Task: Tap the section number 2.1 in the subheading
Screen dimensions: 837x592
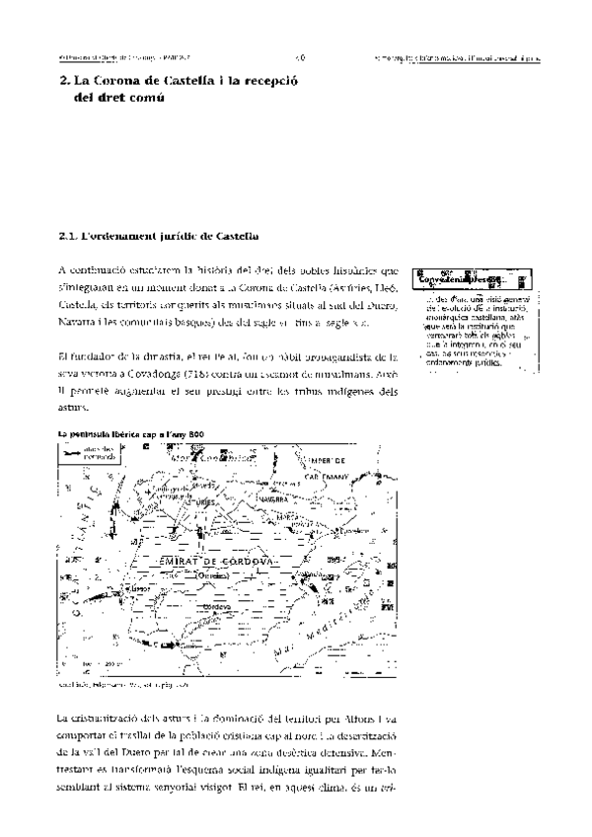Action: tap(67, 236)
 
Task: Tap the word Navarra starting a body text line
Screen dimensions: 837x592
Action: tap(77, 308)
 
